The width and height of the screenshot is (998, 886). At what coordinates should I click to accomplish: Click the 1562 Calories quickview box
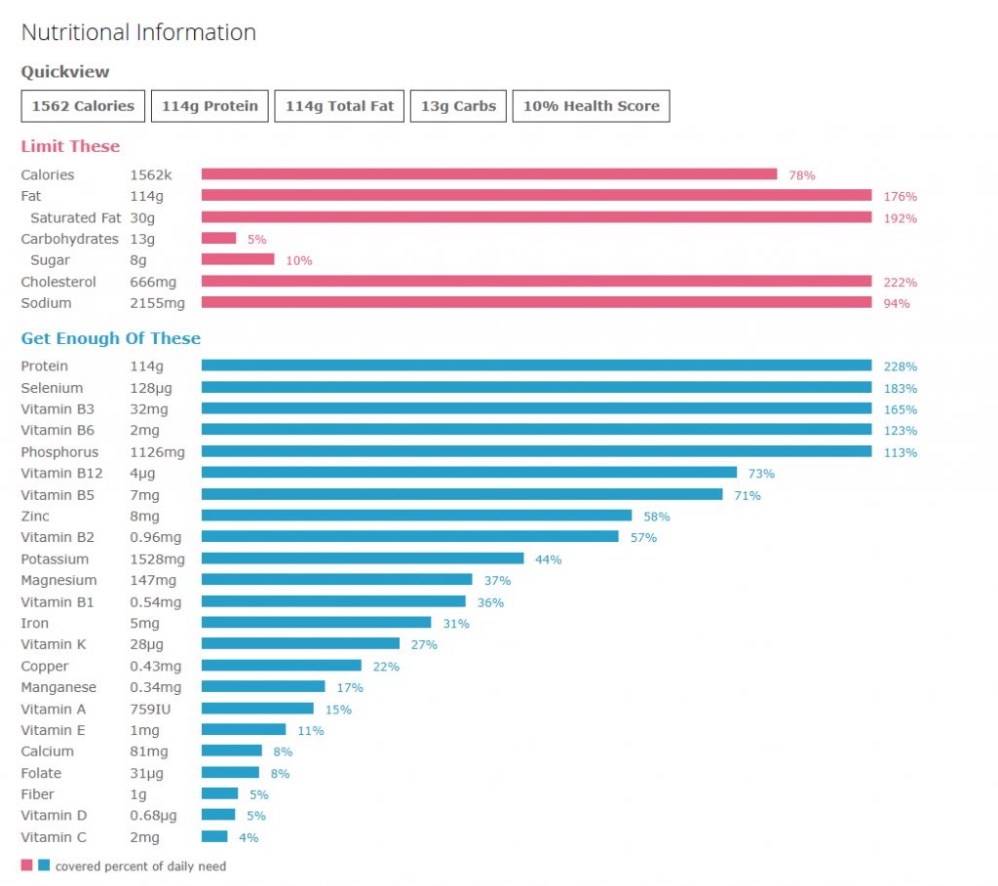84,106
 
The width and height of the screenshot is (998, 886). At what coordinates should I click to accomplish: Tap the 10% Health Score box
591,106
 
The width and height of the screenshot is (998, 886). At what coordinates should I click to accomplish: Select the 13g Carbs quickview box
458,106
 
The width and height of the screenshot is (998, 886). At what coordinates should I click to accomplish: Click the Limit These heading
70,146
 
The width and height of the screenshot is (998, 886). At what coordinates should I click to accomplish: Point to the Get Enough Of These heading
111,338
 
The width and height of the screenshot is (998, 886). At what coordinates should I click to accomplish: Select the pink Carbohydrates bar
218,239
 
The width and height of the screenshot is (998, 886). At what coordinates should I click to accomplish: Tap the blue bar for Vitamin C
214,836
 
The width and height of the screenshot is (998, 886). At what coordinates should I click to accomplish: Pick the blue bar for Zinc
416,516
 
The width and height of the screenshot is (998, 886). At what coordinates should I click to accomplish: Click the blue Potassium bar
363,559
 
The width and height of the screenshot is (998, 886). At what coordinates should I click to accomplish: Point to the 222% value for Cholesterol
901,282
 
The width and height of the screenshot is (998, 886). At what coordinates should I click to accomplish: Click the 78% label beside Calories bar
802,175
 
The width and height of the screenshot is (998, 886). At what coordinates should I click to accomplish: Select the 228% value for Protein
901,366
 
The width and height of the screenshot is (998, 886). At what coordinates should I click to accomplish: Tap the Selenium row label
52,388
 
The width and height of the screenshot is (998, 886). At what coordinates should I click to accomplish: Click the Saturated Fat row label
76,217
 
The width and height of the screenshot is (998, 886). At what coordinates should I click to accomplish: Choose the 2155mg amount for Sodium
157,303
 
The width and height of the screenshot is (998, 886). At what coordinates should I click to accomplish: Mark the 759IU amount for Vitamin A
151,709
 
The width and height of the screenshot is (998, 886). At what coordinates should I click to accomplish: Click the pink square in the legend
26,865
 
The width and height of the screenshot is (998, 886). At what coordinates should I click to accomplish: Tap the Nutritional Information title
138,32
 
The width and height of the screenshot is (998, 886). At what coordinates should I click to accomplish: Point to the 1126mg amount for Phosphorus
157,452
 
